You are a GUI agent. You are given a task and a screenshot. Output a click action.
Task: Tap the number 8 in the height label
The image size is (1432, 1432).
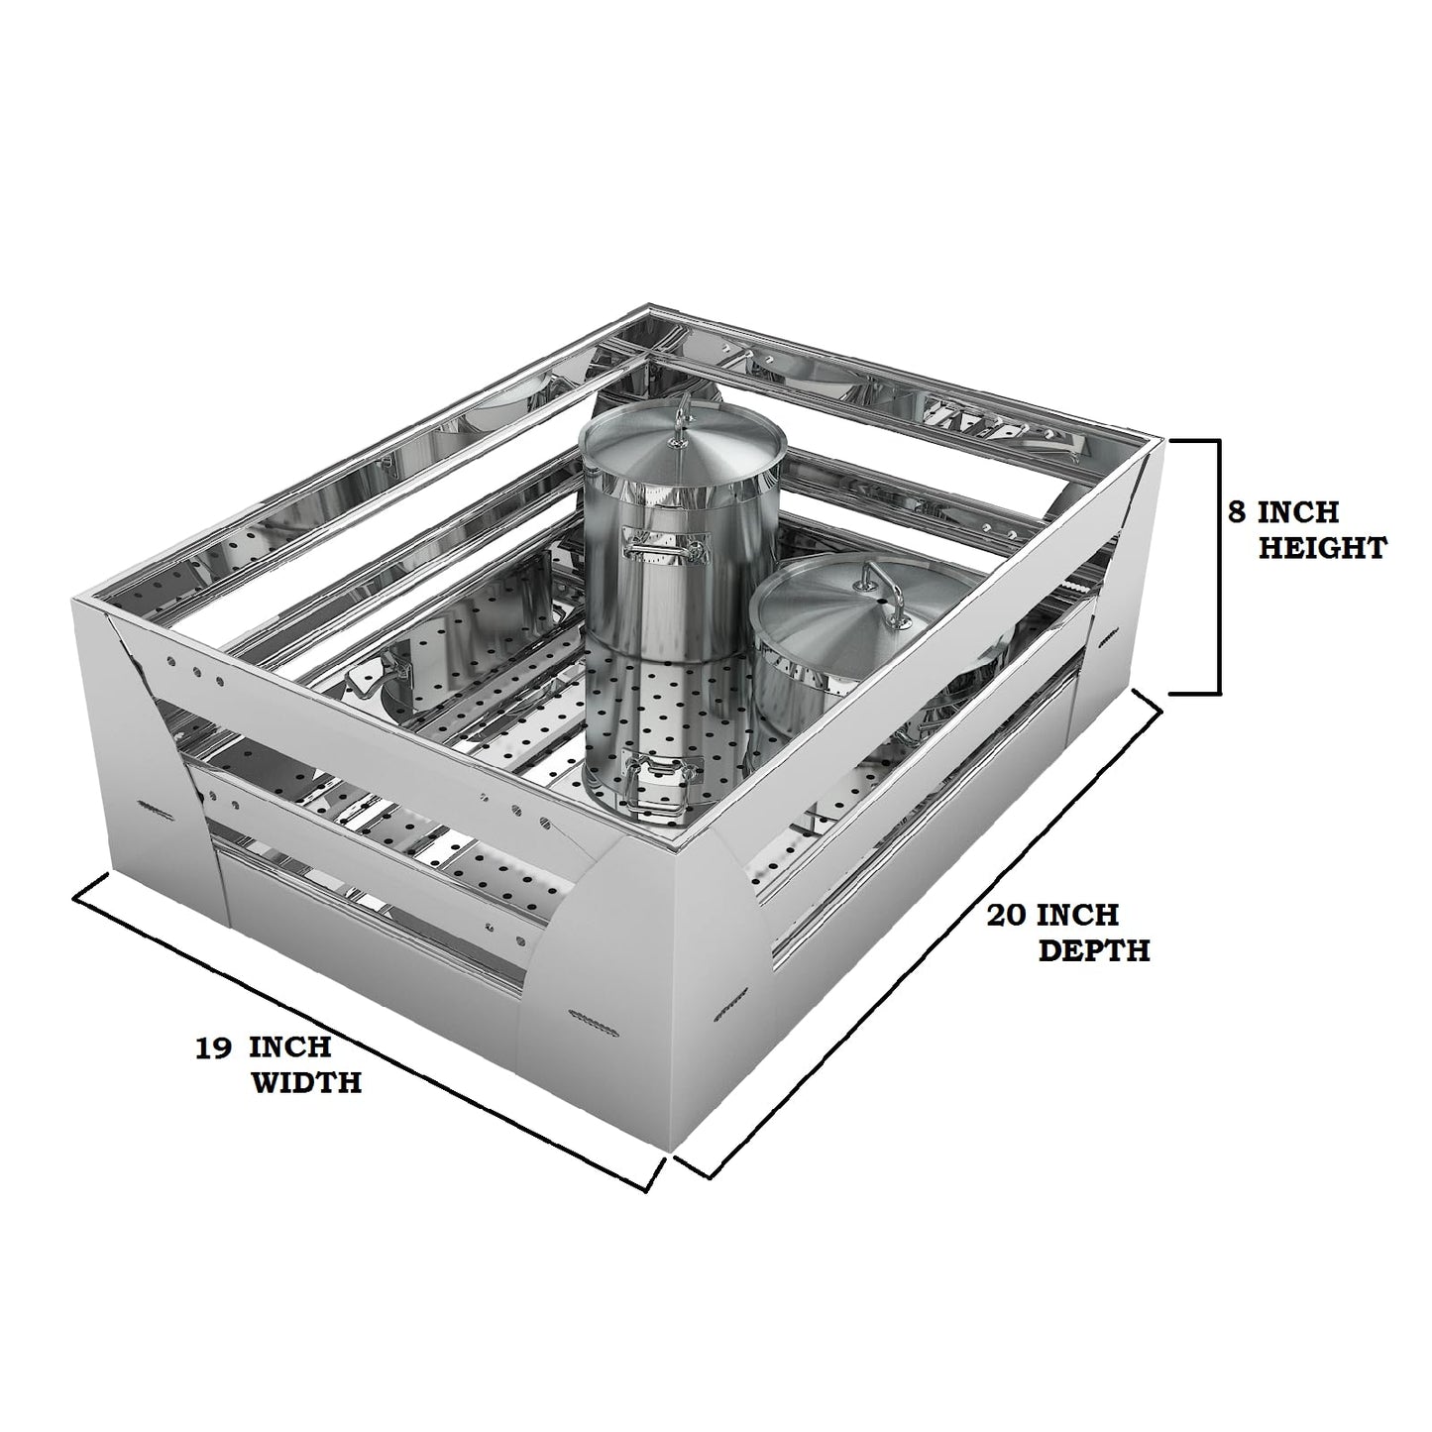[1238, 512]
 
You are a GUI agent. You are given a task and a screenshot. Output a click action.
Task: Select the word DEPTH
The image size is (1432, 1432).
[1094, 950]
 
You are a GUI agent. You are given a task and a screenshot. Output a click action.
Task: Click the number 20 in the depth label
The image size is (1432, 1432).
[1007, 915]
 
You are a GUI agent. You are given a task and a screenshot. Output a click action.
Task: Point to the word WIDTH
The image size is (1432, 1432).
[307, 1082]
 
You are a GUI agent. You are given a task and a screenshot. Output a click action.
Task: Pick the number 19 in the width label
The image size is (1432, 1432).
[214, 1047]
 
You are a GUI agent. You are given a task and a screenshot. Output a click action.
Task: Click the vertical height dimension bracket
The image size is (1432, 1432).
[1219, 567]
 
